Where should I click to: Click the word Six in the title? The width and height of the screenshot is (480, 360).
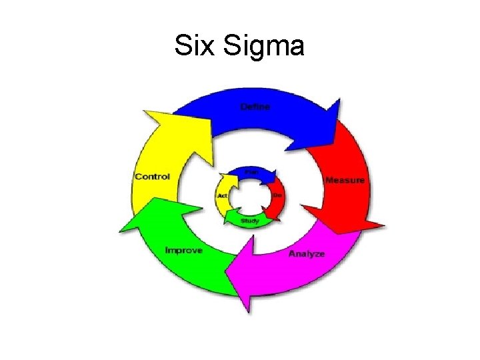[x=192, y=46]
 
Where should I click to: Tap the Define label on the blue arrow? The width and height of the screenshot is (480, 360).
[x=255, y=107]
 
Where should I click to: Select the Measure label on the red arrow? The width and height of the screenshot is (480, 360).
[x=345, y=181]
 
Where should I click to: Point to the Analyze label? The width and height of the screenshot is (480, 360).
[x=307, y=254]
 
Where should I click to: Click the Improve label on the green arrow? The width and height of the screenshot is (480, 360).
[x=183, y=250]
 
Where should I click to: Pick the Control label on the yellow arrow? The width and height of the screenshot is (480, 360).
[x=152, y=177]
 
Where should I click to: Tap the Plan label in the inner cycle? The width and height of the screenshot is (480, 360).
[x=251, y=171]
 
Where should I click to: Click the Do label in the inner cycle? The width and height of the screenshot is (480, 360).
[x=278, y=195]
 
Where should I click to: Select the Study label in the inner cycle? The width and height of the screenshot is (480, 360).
[x=250, y=221]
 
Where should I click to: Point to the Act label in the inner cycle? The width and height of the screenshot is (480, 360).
[x=222, y=196]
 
